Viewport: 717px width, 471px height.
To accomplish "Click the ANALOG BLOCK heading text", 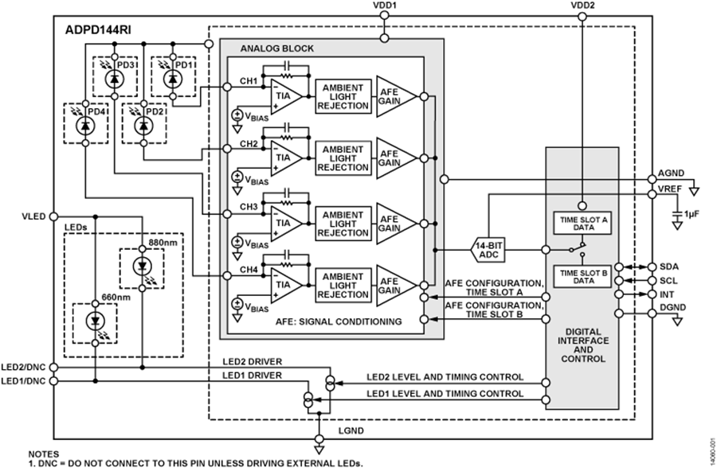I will click(x=276, y=49).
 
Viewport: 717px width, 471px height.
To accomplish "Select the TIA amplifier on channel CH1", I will click(x=284, y=95).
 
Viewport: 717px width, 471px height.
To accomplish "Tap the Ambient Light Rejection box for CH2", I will click(x=343, y=158).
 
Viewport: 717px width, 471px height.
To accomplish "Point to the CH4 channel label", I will click(x=249, y=270).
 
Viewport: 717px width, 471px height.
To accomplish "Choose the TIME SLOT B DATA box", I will click(x=582, y=276).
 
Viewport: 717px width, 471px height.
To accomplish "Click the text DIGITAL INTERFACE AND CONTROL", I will click(x=582, y=345).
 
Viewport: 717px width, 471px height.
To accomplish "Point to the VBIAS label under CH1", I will click(x=257, y=116).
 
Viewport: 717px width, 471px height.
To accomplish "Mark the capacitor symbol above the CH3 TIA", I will click(x=284, y=193).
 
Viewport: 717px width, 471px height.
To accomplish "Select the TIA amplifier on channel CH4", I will click(x=284, y=286).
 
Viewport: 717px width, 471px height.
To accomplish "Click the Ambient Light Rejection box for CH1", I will click(x=343, y=96).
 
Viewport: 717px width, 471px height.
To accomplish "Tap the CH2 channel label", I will click(x=249, y=144).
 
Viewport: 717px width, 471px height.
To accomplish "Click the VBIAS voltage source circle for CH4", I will click(x=237, y=304).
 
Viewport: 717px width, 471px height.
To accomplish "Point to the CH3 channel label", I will click(x=249, y=207).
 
